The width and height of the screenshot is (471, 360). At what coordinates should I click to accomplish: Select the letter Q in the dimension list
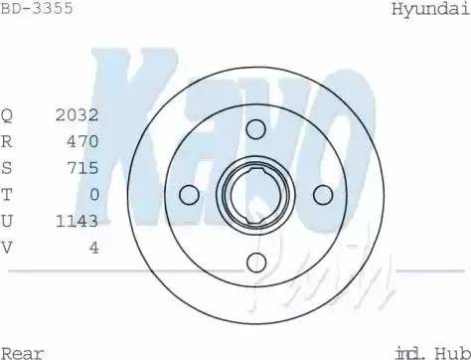7,114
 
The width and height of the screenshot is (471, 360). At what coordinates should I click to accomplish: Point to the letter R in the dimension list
7,141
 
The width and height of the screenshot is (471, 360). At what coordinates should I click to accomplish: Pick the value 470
81,141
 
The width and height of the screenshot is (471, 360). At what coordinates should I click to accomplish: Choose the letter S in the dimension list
7,168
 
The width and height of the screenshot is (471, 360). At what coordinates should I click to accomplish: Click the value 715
81,168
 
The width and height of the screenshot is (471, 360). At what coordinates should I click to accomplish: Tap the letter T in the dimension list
7,195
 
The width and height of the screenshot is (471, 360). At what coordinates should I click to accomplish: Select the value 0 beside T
93,195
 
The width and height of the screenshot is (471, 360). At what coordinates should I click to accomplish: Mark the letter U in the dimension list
7,221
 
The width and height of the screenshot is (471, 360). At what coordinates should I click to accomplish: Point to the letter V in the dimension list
7,248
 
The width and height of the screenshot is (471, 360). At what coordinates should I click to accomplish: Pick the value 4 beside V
93,248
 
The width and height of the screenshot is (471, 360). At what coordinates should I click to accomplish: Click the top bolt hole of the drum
256,127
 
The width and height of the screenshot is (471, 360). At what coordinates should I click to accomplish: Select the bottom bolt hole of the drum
256,262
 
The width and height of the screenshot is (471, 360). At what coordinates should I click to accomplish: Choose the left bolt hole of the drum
189,195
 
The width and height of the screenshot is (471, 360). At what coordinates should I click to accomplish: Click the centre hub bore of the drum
255,195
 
